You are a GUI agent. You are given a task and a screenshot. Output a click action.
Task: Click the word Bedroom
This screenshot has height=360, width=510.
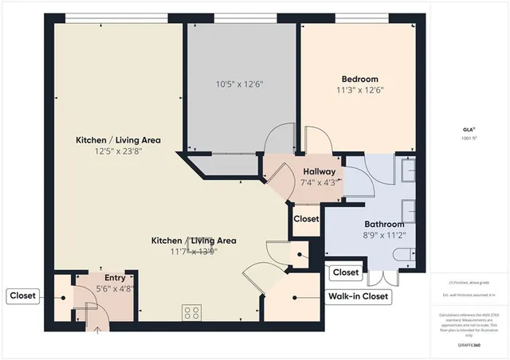pos(359,79)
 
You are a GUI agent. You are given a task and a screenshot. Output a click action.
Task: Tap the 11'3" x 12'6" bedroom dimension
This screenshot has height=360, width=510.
pos(359,90)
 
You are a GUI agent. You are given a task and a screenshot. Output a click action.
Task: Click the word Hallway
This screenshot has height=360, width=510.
pos(319,171)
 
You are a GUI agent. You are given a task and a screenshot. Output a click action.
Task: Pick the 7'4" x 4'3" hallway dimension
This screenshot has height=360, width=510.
pos(319,182)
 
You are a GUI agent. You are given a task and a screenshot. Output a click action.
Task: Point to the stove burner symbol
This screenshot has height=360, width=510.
pos(192,312)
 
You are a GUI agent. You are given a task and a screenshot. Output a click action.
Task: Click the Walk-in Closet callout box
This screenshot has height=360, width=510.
pos(359,297)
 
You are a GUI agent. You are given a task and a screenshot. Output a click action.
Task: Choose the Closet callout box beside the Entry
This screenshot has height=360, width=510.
pos(22,296)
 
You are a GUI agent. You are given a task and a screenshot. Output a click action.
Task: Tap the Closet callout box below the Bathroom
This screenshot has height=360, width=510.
pos(345,272)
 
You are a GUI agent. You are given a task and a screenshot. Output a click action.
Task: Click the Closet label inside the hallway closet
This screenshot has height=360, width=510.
pos(306,218)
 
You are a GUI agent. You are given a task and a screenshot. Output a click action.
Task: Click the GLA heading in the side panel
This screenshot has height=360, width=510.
pos(468,127)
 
